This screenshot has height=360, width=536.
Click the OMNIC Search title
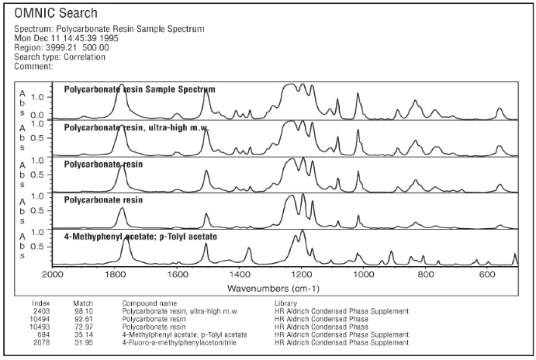pos(57,13)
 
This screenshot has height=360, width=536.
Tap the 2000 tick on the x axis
pos(52,275)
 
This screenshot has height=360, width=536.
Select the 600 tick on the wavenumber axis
pos(486,275)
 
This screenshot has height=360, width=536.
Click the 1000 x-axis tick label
pos(363,275)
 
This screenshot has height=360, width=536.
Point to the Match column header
pos(83,303)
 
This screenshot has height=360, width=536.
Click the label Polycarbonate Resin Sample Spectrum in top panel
pos(140,89)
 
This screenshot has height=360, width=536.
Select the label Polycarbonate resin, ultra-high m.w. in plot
pos(137,126)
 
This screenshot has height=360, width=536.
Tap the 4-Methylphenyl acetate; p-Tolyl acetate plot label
pos(140,236)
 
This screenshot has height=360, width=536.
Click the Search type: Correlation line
pos(60,57)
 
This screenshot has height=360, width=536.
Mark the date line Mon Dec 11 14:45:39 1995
pos(70,39)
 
